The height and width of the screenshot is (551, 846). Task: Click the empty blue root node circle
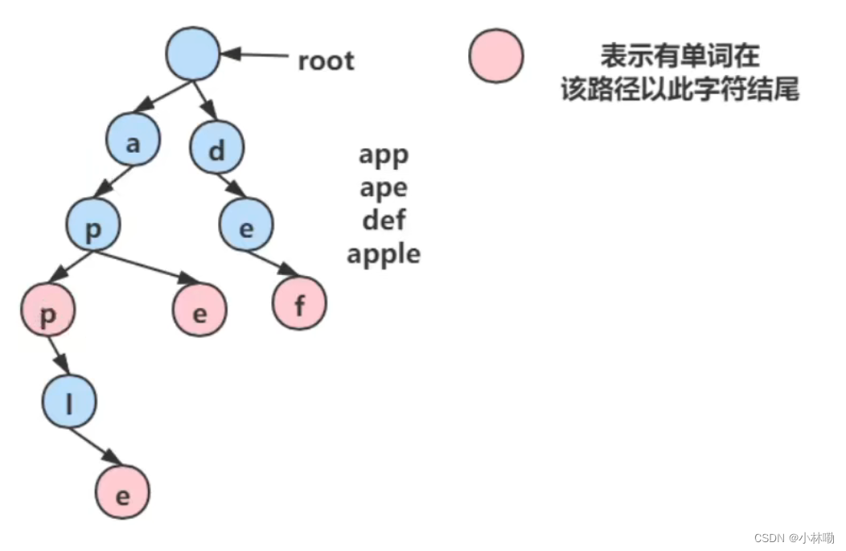pyautogui.click(x=193, y=53)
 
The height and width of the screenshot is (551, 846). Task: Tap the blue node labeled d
pyautogui.click(x=217, y=150)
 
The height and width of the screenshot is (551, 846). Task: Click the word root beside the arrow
pyautogui.click(x=326, y=60)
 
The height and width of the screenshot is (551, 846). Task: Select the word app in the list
pyautogui.click(x=384, y=154)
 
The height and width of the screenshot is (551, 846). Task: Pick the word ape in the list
pyautogui.click(x=384, y=187)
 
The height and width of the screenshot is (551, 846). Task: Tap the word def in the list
pyautogui.click(x=384, y=220)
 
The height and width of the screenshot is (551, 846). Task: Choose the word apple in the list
pyautogui.click(x=384, y=254)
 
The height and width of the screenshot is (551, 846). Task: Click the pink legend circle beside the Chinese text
pyautogui.click(x=495, y=56)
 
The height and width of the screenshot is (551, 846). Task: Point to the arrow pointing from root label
pyautogui.click(x=255, y=56)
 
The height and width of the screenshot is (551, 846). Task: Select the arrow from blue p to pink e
pyautogui.click(x=146, y=267)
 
